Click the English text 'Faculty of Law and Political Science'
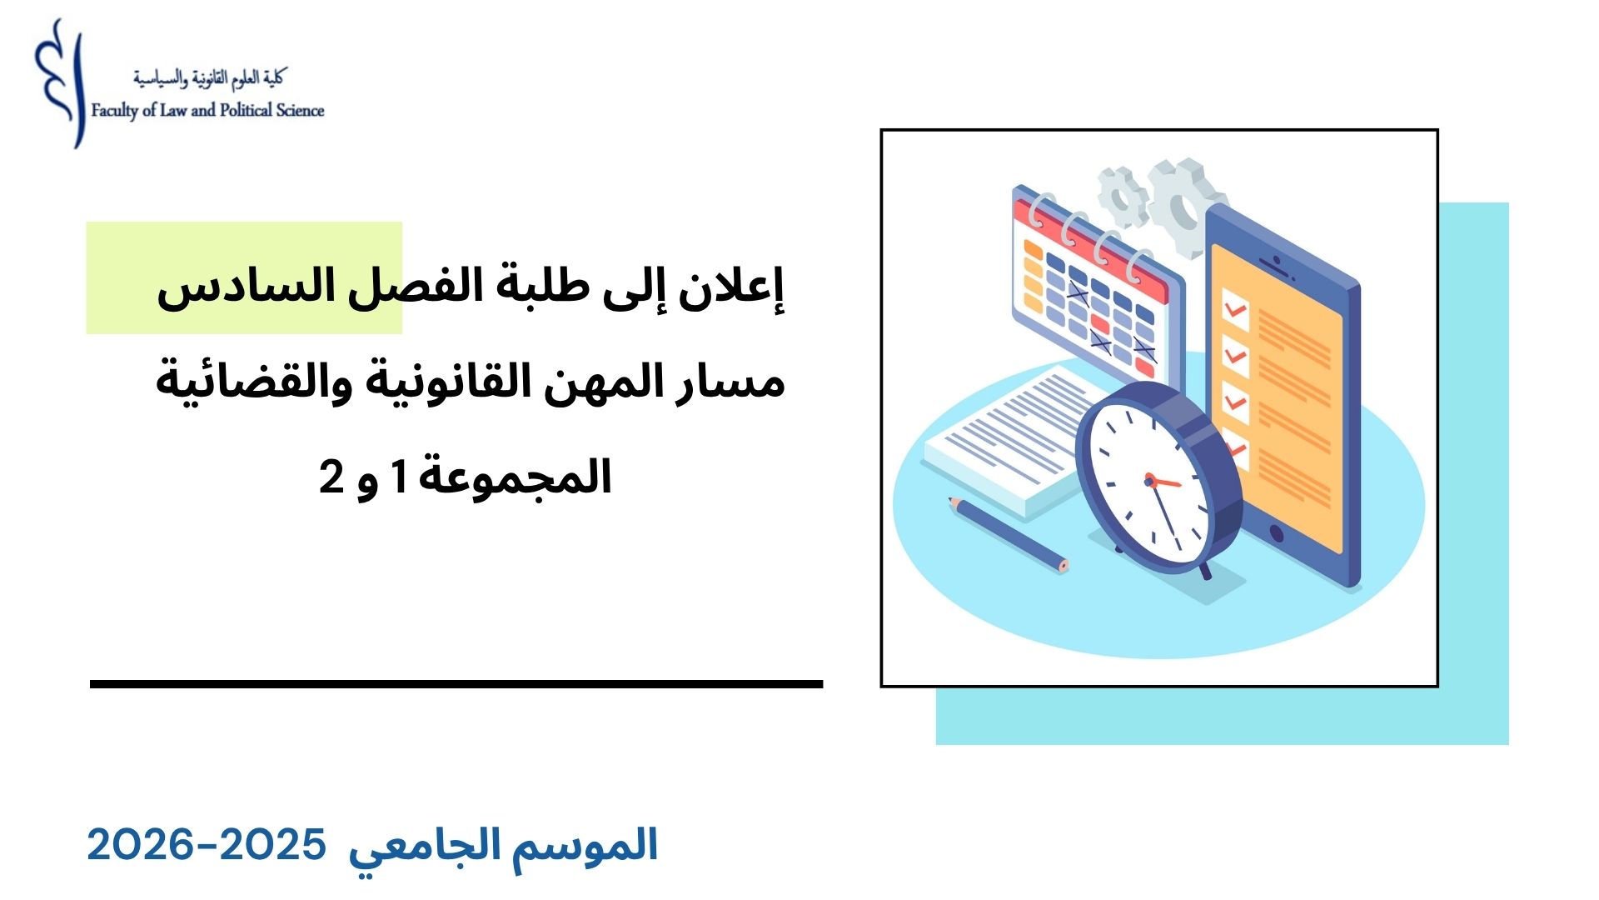coord(207,111)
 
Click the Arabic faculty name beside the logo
coord(208,78)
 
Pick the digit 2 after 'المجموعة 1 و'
coord(331,477)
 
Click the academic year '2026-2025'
coord(207,846)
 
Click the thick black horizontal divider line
coord(456,684)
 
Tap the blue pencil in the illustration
coord(1008,535)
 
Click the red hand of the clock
coord(1163,482)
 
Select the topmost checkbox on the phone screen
coord(1235,310)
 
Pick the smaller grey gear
coord(1123,197)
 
